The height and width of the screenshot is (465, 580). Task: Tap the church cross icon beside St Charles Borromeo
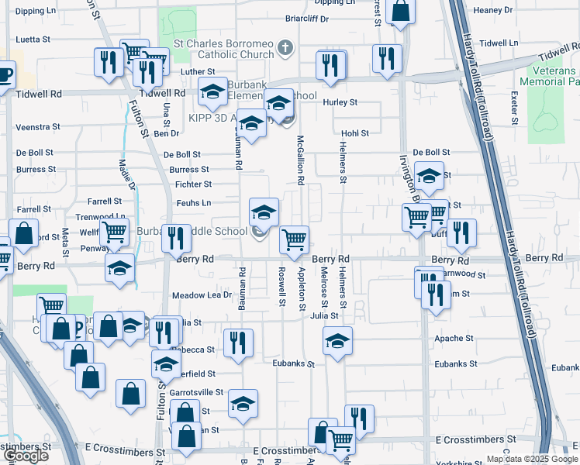[285, 48]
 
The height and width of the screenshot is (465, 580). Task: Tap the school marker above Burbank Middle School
[264, 211]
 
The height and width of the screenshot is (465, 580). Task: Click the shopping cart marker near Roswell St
[294, 239]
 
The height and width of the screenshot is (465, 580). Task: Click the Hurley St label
[340, 102]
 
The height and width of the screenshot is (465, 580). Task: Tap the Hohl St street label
[354, 133]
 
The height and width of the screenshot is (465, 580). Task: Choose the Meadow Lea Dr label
[202, 295]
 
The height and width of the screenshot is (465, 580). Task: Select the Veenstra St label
[38, 126]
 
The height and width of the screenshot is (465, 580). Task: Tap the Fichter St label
[193, 184]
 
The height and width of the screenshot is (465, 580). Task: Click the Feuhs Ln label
[194, 203]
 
